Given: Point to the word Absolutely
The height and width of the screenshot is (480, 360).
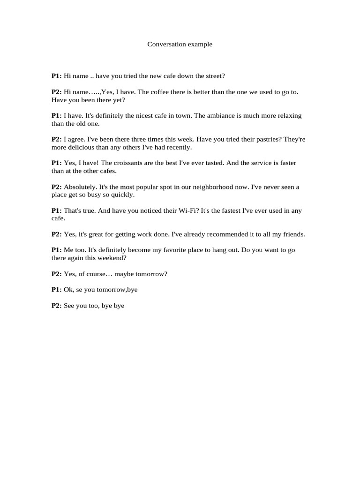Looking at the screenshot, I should [x=80, y=187].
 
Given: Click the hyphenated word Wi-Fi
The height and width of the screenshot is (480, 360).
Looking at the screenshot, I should [x=189, y=211].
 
